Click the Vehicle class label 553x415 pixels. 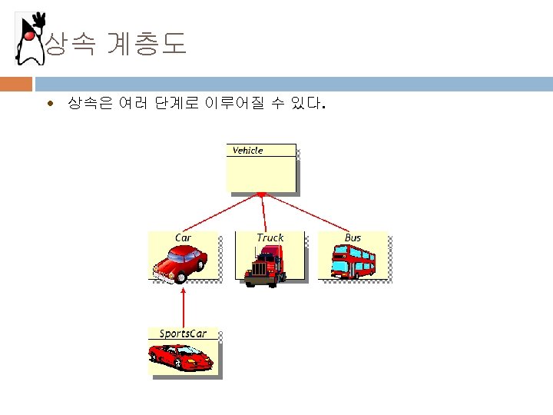tap(247, 151)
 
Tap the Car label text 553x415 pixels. tap(183, 237)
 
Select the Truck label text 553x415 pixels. tap(270, 237)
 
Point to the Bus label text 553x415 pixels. tap(353, 237)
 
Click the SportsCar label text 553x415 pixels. tap(183, 334)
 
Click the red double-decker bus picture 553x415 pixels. tap(353, 261)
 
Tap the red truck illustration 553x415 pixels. tap(265, 265)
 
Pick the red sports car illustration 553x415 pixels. tap(181, 357)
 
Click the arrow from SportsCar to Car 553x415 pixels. tap(184, 307)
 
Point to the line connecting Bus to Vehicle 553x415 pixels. tap(307, 211)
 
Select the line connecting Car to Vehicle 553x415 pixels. tap(219, 213)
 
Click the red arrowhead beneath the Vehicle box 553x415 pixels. tap(262, 194)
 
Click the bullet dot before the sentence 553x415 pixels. tap(50, 102)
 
